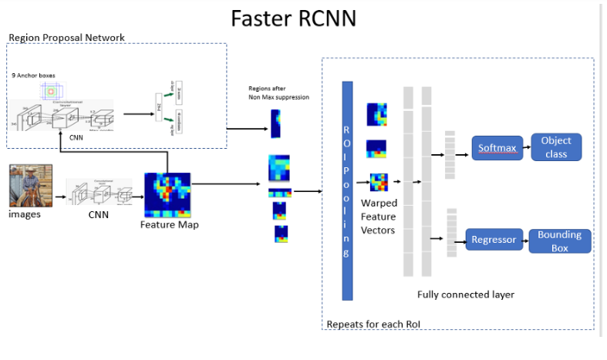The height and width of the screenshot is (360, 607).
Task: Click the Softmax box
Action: click(497, 146)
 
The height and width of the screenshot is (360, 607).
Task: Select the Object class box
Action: click(556, 146)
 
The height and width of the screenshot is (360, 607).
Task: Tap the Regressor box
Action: click(494, 240)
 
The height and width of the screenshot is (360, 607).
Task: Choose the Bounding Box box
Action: click(559, 241)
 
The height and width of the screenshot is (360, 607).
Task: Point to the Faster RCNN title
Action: click(294, 18)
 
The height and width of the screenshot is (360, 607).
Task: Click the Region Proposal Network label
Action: click(66, 38)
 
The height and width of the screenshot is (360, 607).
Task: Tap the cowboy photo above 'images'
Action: click(31, 185)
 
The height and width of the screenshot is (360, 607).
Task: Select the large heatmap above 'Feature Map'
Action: click(167, 195)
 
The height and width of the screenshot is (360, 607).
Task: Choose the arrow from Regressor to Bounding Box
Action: click(525, 241)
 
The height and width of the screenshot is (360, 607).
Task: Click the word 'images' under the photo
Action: click(25, 214)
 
